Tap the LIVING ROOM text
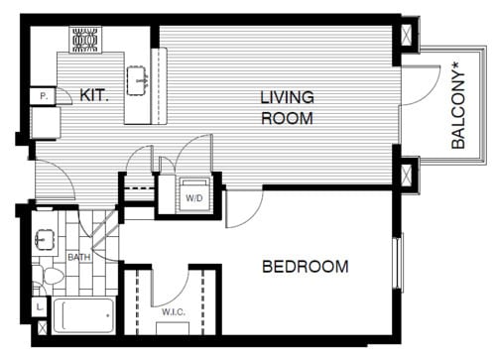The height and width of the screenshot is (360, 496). pos(287,108)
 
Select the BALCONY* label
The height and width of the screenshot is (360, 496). pos(457,106)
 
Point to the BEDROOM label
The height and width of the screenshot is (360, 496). pos(305,266)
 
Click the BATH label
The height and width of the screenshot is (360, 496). pos(78,257)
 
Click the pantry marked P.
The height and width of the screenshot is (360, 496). pos(44,96)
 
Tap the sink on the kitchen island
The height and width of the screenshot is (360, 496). pos(136,77)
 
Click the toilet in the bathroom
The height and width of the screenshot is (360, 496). pos(42,273)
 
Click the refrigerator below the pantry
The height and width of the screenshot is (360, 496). pos(45,123)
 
